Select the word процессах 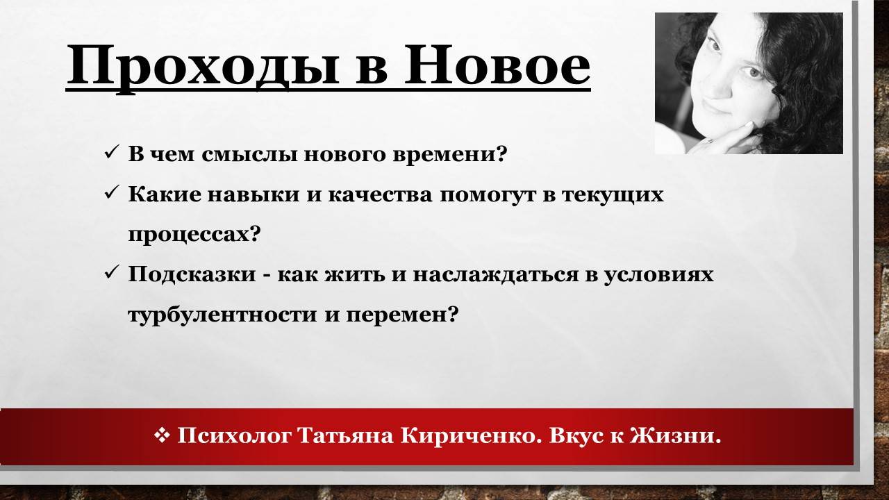[x=194, y=234]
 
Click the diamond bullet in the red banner [x=162, y=435]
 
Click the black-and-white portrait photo [x=749, y=83]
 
